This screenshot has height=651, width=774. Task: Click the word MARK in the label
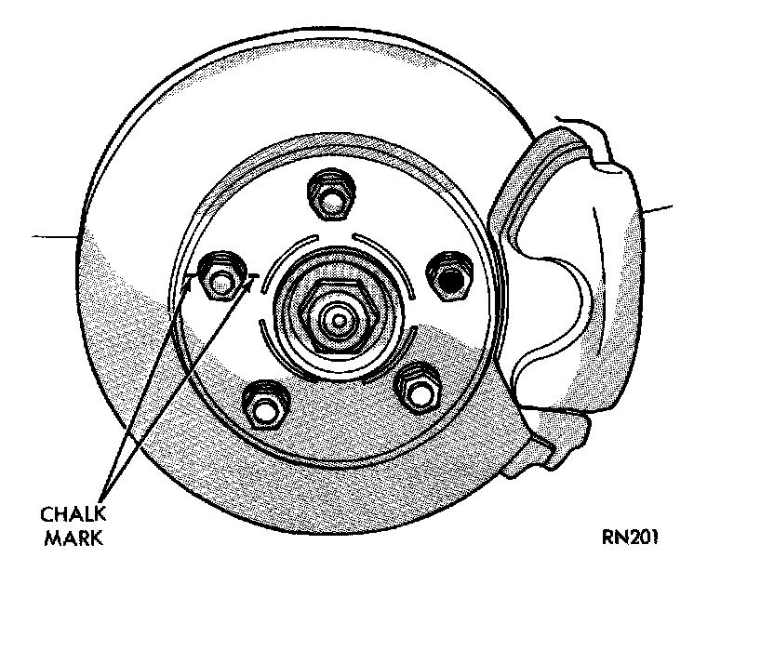coord(73,538)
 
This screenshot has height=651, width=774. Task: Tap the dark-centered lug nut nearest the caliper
coord(450,277)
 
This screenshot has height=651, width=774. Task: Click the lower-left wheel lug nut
coord(262,405)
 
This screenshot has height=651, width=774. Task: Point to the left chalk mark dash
coord(190,276)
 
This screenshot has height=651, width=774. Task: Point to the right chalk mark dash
coord(248,275)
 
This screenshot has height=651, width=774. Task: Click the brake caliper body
coord(595,279)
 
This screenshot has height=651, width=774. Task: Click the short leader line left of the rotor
coord(52,236)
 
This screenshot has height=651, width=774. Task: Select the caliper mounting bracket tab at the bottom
coord(558,446)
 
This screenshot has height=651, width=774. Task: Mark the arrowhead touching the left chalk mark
coord(187,285)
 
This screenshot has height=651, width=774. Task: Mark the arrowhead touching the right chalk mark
coord(246,284)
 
